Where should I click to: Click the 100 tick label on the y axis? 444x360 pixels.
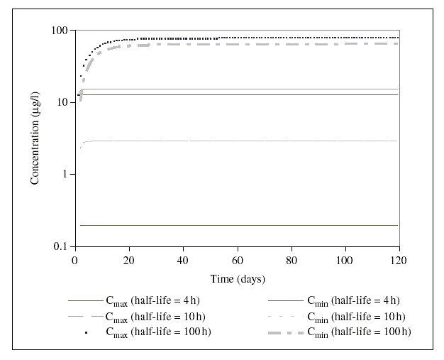coord(58,31)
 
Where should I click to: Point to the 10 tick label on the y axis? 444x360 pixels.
coord(61,102)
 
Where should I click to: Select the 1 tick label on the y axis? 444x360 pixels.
coord(64,175)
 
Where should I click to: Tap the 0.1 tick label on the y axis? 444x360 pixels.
coord(60,246)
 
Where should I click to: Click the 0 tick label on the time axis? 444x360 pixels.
coord(75,259)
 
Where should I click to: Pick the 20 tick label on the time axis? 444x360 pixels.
coord(129,259)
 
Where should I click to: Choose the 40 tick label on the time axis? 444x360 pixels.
coord(183,259)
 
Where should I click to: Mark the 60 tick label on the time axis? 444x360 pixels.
coord(237,259)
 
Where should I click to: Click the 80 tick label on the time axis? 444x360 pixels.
coord(291,259)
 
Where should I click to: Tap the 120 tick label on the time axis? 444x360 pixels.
coord(399,259)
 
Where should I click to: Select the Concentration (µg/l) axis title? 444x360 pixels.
coord(35,138)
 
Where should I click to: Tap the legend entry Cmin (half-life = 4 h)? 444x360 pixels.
coord(353,300)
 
